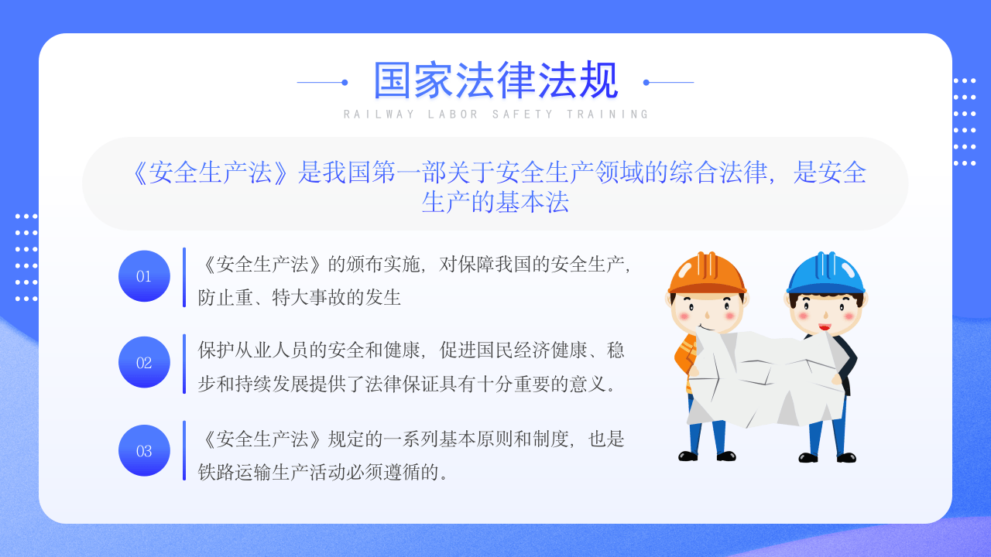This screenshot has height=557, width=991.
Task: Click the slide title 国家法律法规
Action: (495, 81)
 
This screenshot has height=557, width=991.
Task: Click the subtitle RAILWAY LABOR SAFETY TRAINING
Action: (495, 114)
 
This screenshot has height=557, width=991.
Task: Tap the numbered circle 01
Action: (144, 276)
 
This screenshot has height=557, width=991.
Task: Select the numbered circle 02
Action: (144, 362)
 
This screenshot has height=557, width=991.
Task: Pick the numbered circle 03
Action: (144, 450)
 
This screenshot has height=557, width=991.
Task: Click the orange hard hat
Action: (707, 272)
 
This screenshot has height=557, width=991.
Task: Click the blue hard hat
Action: (826, 273)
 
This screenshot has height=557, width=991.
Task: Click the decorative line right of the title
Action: (669, 82)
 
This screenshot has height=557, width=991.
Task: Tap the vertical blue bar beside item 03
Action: (184, 450)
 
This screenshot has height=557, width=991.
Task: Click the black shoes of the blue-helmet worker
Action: (827, 457)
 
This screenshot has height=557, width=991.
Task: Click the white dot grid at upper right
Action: (964, 121)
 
